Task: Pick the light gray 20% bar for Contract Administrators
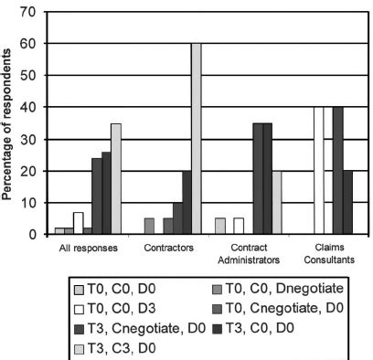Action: pyautogui.click(x=278, y=203)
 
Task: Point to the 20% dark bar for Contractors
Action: pyautogui.click(x=187, y=203)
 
